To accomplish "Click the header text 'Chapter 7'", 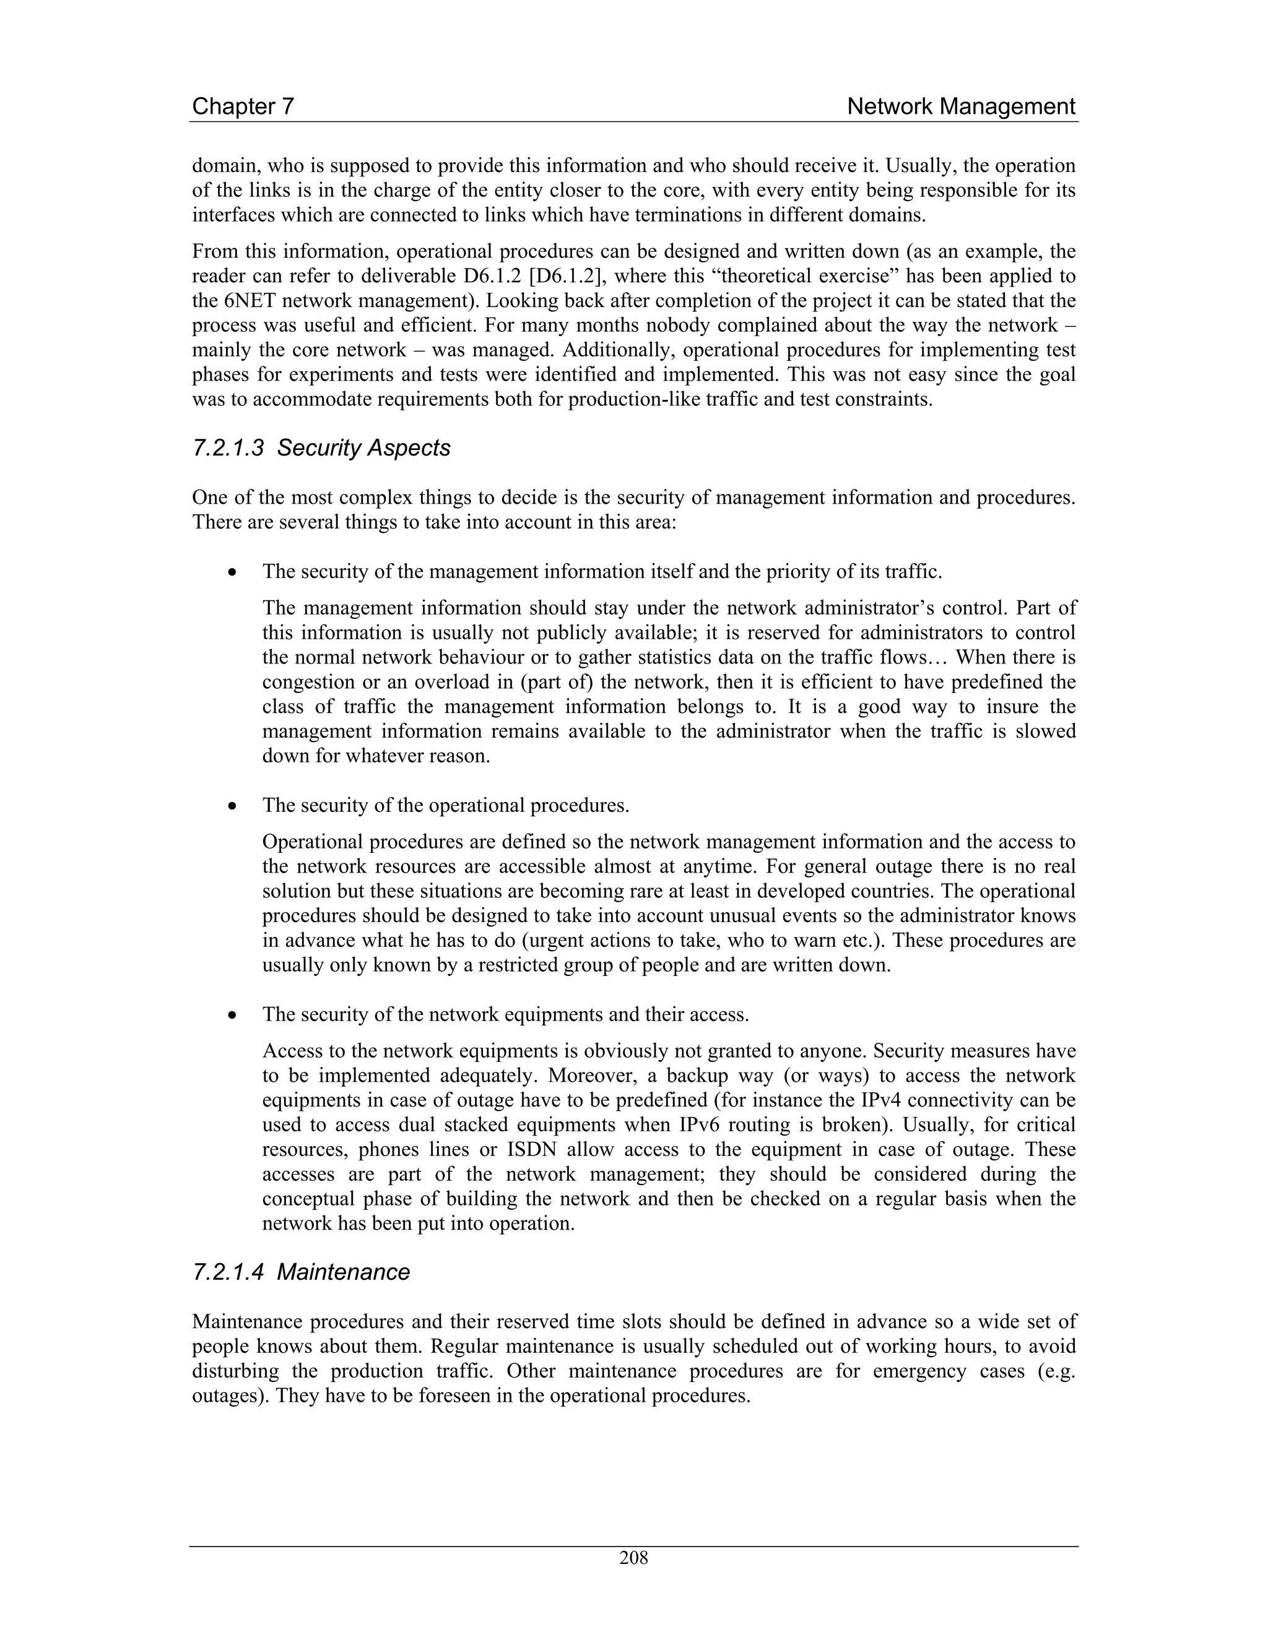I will pyautogui.click(x=243, y=106).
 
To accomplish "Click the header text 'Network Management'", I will pyautogui.click(x=961, y=106).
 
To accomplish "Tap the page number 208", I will pyautogui.click(x=633, y=1558).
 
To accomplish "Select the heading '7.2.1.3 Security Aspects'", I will pyautogui.click(x=321, y=448).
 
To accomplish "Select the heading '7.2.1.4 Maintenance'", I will pyautogui.click(x=302, y=1272).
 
